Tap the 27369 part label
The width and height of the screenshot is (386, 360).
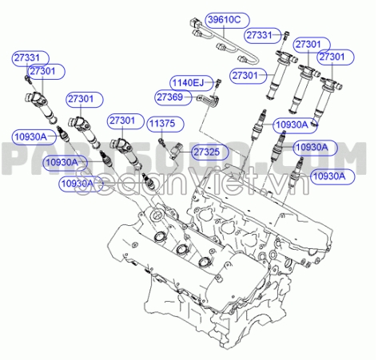pos(171,97)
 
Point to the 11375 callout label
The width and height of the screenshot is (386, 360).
pos(165,123)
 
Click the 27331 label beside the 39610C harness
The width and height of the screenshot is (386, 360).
pos(261,35)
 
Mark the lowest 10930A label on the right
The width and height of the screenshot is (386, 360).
pos(328,176)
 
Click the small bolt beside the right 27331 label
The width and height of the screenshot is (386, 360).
pos(285,35)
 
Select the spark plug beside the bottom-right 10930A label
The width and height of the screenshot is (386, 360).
pos(300,167)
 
